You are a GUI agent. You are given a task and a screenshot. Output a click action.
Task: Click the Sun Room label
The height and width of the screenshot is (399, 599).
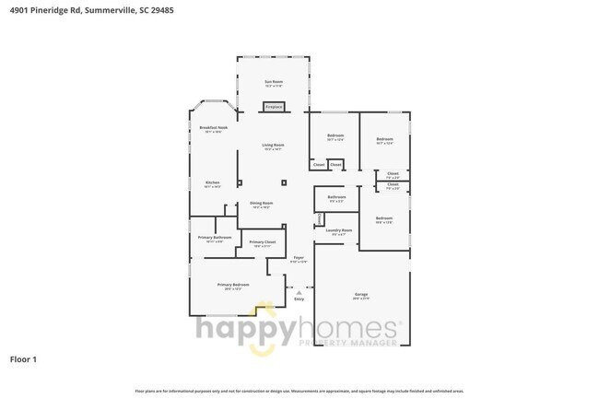click(x=274, y=82)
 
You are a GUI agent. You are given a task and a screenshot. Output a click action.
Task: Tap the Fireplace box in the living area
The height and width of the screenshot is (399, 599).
click(x=274, y=107)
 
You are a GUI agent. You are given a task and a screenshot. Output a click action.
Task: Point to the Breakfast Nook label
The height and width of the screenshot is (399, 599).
click(x=213, y=127)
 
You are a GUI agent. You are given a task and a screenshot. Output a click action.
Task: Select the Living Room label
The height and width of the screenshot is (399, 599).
click(x=273, y=145)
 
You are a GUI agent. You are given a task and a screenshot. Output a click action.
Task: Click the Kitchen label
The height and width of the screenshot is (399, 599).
click(x=212, y=182)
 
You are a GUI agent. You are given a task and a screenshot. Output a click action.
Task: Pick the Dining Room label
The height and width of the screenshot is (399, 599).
click(x=262, y=203)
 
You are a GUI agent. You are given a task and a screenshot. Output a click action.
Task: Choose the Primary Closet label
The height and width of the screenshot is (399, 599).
click(x=263, y=242)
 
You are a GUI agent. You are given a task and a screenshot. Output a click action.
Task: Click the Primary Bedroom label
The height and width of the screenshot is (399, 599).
click(x=233, y=285)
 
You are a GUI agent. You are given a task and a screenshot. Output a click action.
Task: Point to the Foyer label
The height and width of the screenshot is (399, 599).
click(x=299, y=257)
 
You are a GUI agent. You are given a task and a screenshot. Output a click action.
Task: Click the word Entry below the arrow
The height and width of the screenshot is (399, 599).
click(x=299, y=299)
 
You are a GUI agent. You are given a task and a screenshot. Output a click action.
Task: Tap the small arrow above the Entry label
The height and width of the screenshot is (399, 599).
click(x=299, y=291)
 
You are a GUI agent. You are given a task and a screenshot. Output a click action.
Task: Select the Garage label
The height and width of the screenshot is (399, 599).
click(x=361, y=295)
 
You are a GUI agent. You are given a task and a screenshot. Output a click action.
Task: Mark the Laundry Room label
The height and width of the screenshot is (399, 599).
click(x=339, y=230)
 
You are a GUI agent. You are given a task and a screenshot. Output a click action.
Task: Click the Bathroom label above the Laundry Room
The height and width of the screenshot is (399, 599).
click(x=337, y=196)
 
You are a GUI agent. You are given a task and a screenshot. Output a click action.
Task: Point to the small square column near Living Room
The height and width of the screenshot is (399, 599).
click(x=284, y=182)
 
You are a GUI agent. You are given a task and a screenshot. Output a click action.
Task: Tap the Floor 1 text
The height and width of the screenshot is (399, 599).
click(x=23, y=358)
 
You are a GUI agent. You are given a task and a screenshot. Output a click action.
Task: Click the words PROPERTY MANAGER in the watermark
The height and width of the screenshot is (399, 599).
click(x=350, y=343)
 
